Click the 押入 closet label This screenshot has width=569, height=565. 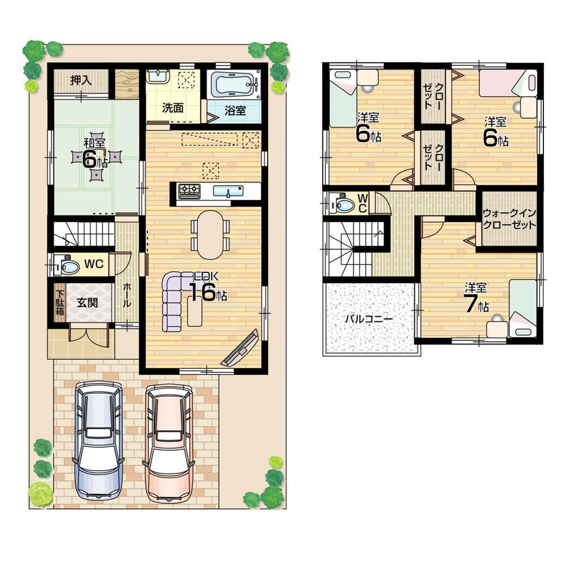[x=81, y=80]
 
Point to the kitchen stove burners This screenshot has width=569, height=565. [x=189, y=190]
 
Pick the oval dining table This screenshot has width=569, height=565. [x=211, y=235]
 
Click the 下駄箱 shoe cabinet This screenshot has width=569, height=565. [x=60, y=302]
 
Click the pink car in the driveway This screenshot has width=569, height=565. [x=170, y=441]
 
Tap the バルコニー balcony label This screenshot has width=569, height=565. [x=368, y=319]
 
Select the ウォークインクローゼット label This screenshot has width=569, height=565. [x=509, y=219]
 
